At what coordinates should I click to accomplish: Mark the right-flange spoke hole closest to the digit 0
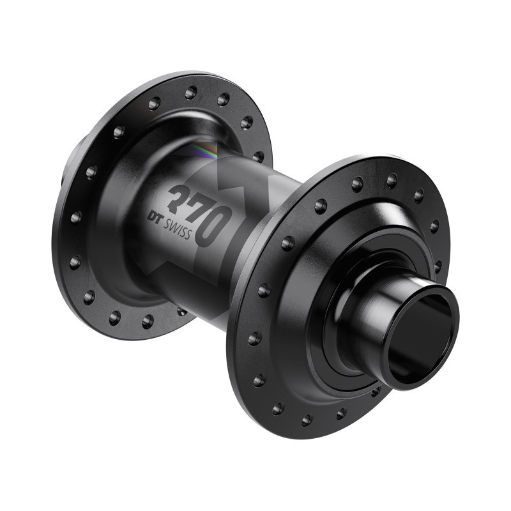(x=288, y=243)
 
